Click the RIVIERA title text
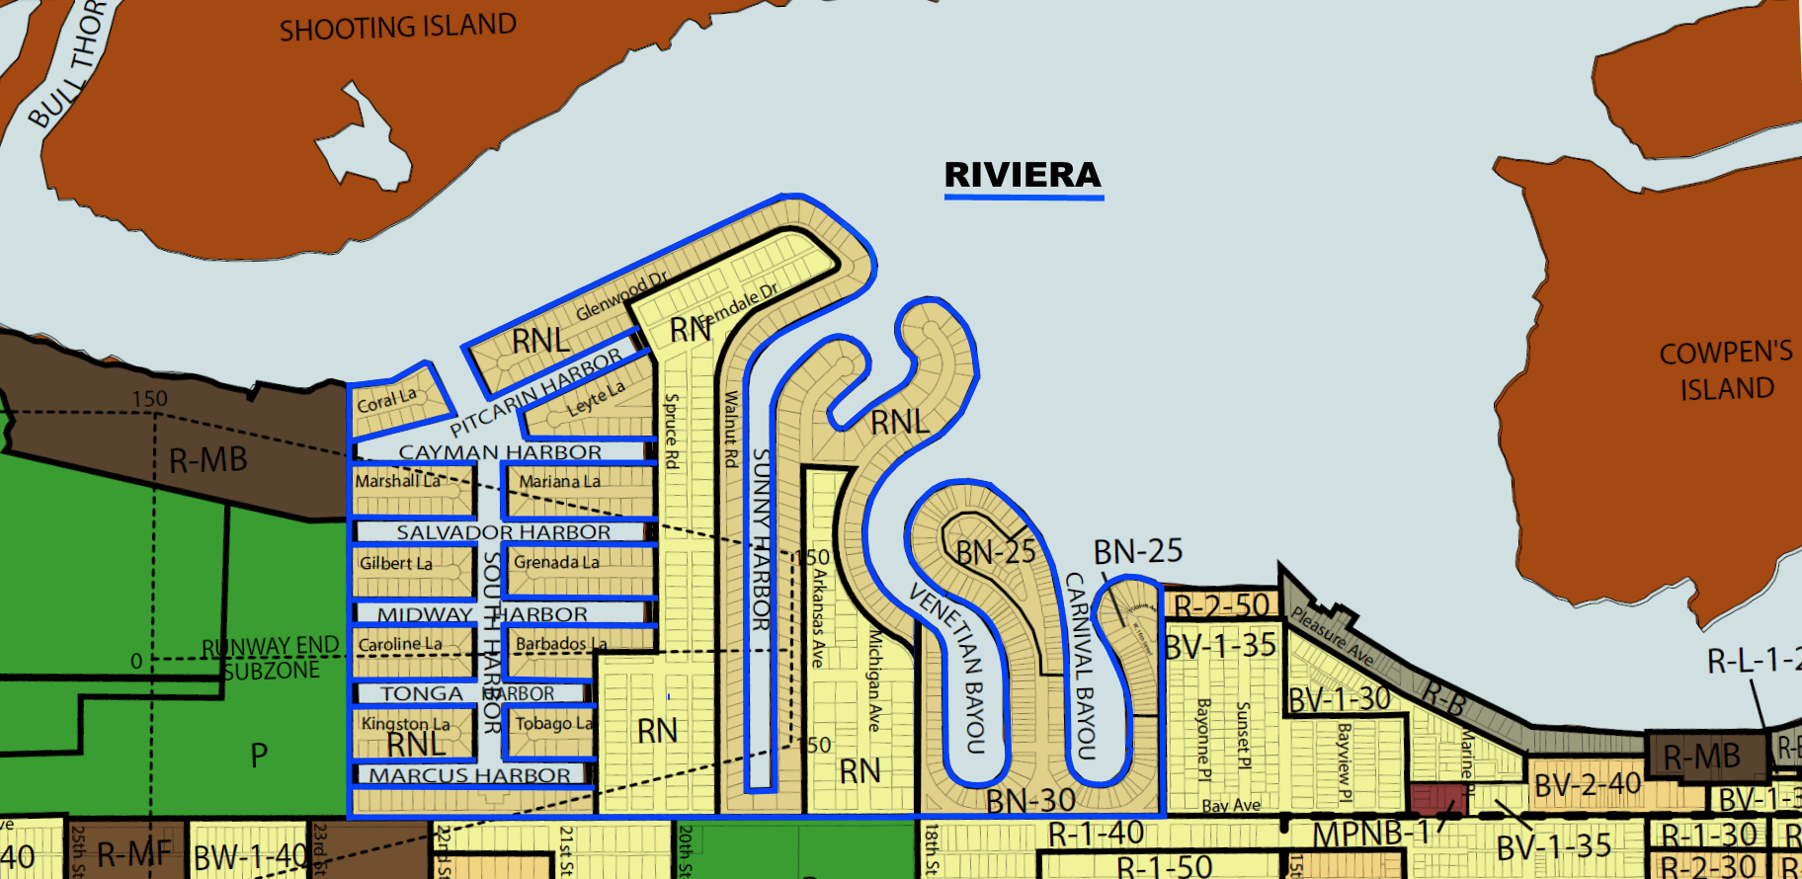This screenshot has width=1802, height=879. click(x=1023, y=175)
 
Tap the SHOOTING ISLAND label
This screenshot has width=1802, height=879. click(x=397, y=28)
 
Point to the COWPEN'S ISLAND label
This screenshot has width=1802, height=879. click(x=1726, y=370)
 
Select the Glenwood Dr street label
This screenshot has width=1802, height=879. click(x=621, y=295)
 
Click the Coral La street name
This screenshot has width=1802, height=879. click(x=386, y=400)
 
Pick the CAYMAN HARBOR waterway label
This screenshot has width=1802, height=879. click(x=499, y=452)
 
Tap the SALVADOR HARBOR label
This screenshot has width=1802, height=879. click(x=503, y=532)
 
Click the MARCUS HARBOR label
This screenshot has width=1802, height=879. click(x=469, y=775)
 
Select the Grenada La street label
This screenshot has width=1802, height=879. click(x=556, y=562)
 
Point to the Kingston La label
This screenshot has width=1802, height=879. click(x=405, y=724)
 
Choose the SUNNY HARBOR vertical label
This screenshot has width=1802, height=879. click(x=761, y=539)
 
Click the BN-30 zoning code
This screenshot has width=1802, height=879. click(x=1030, y=799)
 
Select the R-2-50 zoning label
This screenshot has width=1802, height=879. click(x=1221, y=605)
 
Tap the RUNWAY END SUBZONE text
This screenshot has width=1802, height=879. click(x=270, y=658)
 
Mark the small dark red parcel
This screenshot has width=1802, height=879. click(x=1437, y=799)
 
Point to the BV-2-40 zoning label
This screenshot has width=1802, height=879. click(x=1588, y=785)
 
